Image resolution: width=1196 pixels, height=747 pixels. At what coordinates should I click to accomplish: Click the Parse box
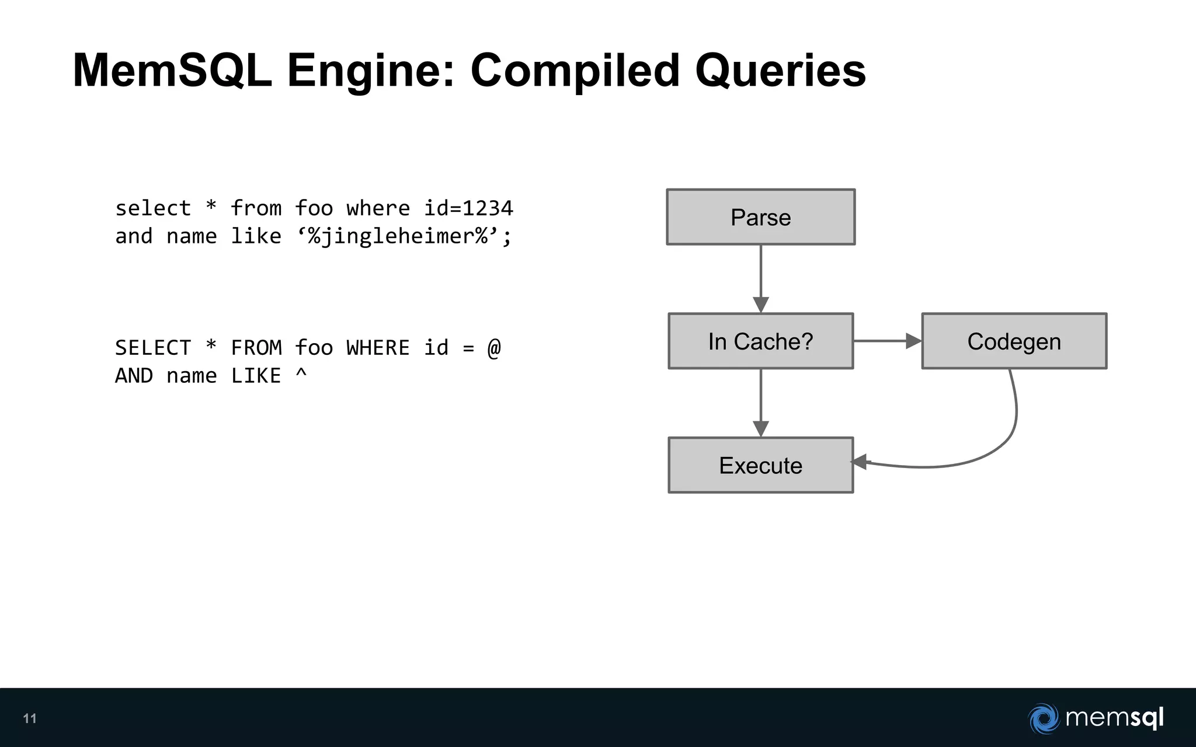760,217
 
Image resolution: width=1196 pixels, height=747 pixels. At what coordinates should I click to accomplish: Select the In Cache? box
760,341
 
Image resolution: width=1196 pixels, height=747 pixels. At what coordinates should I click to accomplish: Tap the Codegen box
1014,341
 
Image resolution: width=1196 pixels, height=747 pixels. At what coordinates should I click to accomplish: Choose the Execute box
760,465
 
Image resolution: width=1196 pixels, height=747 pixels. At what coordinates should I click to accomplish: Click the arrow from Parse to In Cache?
760,277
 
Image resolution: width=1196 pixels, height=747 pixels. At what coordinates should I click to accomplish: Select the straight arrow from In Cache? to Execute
760,402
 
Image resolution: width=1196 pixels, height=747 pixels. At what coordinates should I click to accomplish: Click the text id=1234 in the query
468,208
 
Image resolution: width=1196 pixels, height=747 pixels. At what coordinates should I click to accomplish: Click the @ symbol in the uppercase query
494,348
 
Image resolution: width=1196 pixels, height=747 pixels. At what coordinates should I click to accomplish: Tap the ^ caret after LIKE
301,373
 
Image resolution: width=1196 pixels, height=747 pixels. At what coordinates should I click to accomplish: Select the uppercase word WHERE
378,348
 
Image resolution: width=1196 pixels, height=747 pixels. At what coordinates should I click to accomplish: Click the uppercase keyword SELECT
153,348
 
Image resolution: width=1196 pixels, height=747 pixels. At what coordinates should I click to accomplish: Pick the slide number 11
30,718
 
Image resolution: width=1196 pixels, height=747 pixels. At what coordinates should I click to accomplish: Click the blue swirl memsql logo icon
1044,718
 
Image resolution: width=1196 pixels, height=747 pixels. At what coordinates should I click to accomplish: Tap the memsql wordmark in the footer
1114,717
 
